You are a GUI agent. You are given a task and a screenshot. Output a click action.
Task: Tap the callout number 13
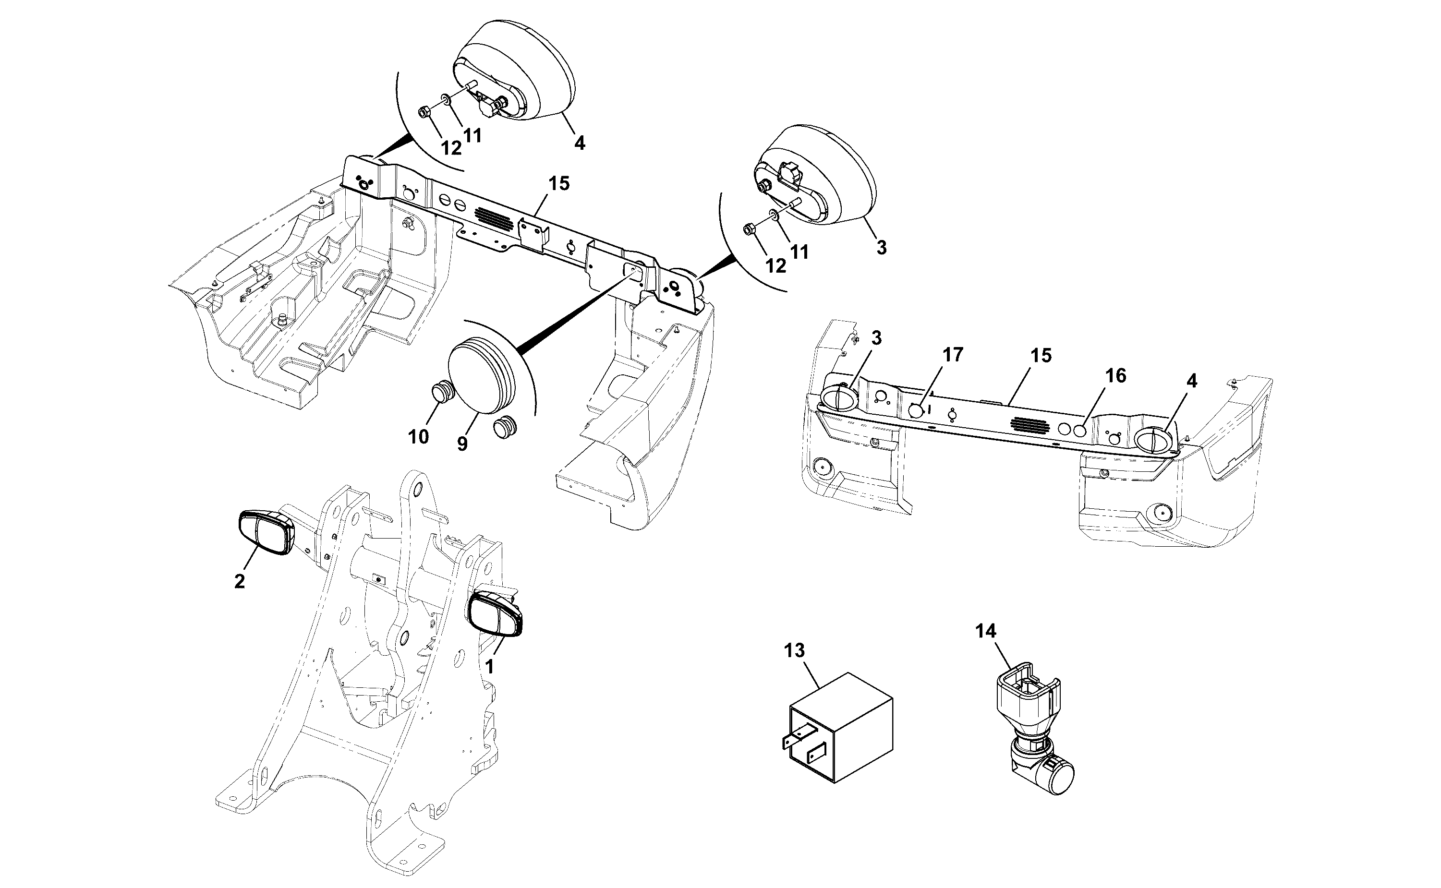pyautogui.click(x=794, y=651)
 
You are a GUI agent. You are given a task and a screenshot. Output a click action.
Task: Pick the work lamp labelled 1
pyautogui.click(x=494, y=614)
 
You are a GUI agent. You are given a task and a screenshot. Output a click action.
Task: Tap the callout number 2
pyautogui.click(x=239, y=581)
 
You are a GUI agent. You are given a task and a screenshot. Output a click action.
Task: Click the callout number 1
pyautogui.click(x=489, y=667)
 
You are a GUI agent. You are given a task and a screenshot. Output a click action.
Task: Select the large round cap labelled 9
pyautogui.click(x=487, y=379)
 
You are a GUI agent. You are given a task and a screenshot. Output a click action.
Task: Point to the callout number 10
pyautogui.click(x=418, y=437)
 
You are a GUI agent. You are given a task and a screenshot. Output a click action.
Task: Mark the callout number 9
pyautogui.click(x=462, y=444)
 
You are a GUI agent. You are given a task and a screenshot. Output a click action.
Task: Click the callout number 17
pyautogui.click(x=953, y=355)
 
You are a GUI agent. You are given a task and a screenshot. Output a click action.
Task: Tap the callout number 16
pyautogui.click(x=1115, y=375)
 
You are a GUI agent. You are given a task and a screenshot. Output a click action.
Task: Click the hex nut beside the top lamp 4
pyautogui.click(x=424, y=111)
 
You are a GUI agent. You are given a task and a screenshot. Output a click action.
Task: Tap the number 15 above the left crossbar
pyautogui.click(x=558, y=184)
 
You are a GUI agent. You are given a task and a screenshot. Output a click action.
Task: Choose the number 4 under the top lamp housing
pyautogui.click(x=579, y=143)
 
